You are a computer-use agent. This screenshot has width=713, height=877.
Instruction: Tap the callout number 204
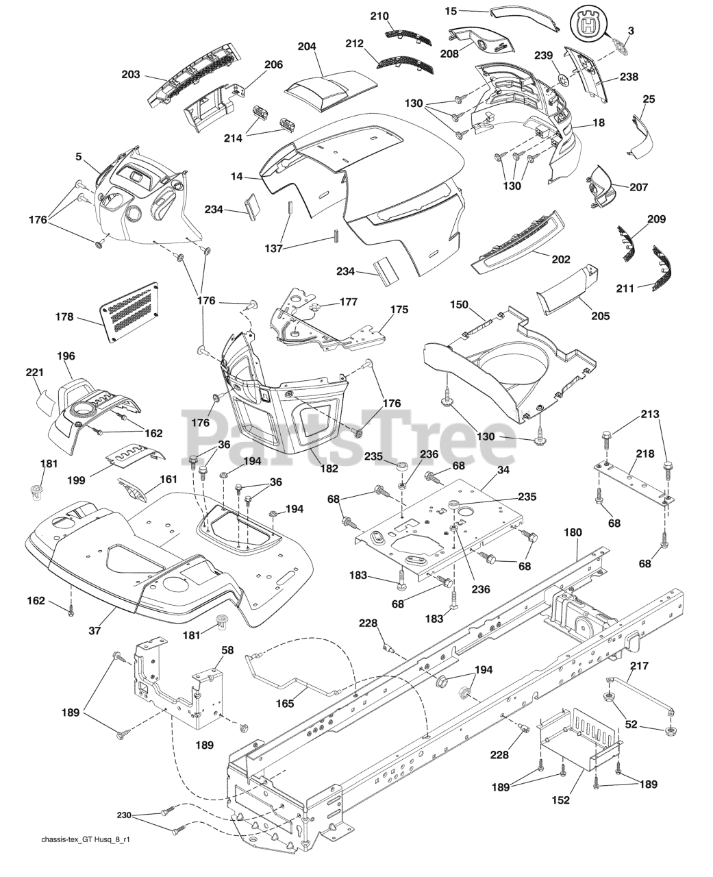[x=307, y=47]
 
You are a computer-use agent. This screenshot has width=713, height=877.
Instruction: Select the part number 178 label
[x=65, y=317]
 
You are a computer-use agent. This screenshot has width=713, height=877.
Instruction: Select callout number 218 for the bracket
[x=645, y=454]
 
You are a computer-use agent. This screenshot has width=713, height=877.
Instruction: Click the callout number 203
[x=130, y=75]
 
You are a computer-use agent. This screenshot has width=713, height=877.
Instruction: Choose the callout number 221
[x=35, y=373]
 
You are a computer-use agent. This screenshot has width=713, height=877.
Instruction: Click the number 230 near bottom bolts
[x=125, y=815]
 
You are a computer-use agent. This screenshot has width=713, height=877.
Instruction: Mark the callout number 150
[x=459, y=304]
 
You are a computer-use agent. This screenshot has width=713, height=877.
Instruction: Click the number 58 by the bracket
[x=227, y=648]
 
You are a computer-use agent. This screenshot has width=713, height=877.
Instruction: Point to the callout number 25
[x=649, y=99]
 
